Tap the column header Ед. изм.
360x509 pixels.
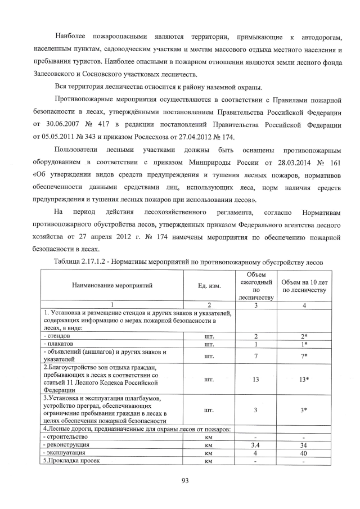(x=209, y=286)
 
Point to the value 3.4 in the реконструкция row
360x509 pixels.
(x=255, y=444)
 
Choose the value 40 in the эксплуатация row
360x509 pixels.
(x=304, y=452)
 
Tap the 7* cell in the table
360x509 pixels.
(x=304, y=356)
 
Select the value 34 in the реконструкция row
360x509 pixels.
(x=304, y=444)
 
